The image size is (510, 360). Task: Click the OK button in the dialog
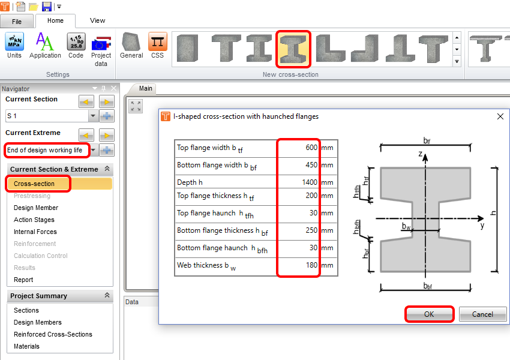pyautogui.click(x=429, y=314)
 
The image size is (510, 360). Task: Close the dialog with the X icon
pyautogui.click(x=500, y=116)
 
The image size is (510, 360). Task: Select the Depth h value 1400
pyautogui.click(x=310, y=182)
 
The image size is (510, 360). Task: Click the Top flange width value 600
pyautogui.click(x=311, y=148)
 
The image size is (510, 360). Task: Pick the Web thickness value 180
pyautogui.click(x=311, y=265)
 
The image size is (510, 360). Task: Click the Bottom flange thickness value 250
pyautogui.click(x=311, y=230)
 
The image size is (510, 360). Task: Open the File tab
pyautogui.click(x=17, y=22)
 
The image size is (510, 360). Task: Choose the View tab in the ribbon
pyautogui.click(x=97, y=20)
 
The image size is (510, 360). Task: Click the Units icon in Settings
pyautogui.click(x=14, y=46)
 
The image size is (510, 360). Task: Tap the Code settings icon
pyautogui.click(x=76, y=46)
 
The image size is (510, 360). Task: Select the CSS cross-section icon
pyautogui.click(x=157, y=46)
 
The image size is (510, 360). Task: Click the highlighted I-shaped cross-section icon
pyautogui.click(x=293, y=49)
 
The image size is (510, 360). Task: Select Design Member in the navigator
pyautogui.click(x=36, y=208)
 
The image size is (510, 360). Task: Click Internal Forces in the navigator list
pyautogui.click(x=35, y=232)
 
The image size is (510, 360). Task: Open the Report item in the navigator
pyautogui.click(x=23, y=280)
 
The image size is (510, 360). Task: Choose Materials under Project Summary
pyautogui.click(x=26, y=346)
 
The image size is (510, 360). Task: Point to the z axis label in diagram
pyautogui.click(x=420, y=154)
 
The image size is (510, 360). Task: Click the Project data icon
pyautogui.click(x=101, y=50)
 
